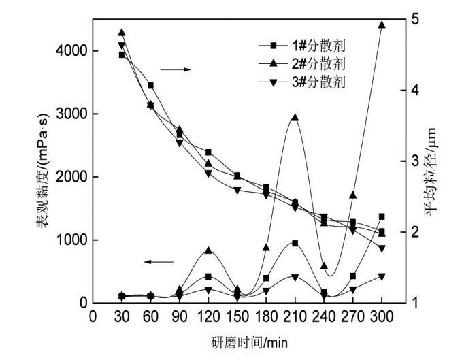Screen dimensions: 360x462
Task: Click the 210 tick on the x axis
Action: [295, 317]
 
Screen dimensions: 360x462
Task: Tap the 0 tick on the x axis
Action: [93, 317]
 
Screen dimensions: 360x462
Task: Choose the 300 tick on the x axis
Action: [382, 317]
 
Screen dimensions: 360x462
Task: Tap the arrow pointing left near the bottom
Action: [159, 261]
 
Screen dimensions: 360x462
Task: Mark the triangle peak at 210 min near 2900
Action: [295, 118]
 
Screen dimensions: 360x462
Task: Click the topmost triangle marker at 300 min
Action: [382, 24]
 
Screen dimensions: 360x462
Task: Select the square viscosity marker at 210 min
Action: [295, 243]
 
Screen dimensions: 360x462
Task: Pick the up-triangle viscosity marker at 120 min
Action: [208, 250]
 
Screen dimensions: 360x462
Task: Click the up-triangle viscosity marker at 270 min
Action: [352, 195]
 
